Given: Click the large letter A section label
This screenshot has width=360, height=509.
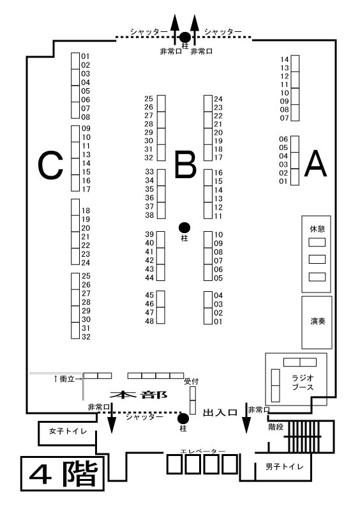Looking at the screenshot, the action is tap(315, 164).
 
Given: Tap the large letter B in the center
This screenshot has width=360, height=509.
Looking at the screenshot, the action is tap(186, 165).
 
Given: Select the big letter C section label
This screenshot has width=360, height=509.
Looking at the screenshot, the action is tap(50, 165).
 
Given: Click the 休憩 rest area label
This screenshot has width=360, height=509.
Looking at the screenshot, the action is tap(317, 229).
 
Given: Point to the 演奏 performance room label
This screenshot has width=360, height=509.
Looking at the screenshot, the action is tap(317, 321).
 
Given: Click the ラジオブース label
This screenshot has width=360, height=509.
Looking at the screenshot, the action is tap(303, 383).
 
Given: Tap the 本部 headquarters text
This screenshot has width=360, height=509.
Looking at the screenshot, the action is tap(139, 395).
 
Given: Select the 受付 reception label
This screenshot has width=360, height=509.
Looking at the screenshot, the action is tap(191, 381).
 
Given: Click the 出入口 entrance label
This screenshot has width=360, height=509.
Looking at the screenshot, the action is tap(220, 413).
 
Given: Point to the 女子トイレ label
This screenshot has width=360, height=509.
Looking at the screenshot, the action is tap(68, 431).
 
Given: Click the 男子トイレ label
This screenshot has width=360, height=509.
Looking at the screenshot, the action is tap(285, 467).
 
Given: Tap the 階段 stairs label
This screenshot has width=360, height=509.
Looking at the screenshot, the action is tap(276, 427).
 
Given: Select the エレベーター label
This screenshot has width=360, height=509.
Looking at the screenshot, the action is tap(203, 452).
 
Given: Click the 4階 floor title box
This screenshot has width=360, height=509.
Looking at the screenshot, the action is tap(63, 474).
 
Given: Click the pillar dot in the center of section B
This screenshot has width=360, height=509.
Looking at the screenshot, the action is tap(184, 227).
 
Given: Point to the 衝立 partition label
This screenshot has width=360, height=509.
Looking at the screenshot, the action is tap(67, 379).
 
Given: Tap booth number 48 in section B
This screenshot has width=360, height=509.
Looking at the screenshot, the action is tap(149, 321).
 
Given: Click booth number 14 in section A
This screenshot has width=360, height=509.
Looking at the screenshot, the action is tap(285, 59).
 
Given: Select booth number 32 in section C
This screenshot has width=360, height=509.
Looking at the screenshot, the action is tap(86, 337).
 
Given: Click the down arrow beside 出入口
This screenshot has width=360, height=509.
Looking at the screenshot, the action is tap(246, 420).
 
